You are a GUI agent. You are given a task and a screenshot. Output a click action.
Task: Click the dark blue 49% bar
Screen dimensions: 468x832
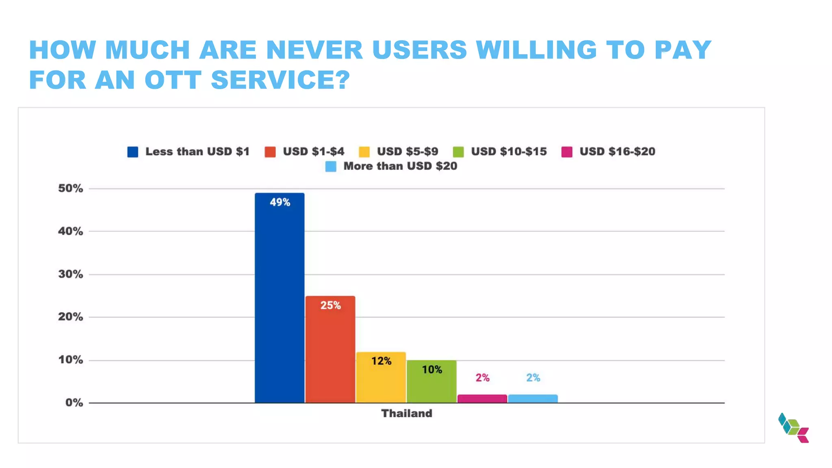279,299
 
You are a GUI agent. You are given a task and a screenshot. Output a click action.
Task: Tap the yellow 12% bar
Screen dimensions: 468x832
381,378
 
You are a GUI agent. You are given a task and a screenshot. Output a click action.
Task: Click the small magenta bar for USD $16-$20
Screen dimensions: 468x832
482,399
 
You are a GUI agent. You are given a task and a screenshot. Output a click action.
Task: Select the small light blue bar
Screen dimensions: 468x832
533,399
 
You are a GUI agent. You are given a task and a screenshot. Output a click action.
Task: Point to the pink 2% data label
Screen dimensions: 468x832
482,378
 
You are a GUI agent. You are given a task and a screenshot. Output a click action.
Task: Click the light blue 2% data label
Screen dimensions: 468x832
533,378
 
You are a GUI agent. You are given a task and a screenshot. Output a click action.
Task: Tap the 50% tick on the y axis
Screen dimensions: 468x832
70,188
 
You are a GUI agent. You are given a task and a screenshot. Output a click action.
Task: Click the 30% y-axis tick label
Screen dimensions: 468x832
70,274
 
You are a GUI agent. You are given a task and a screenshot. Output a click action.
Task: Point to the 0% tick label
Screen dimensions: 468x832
74,403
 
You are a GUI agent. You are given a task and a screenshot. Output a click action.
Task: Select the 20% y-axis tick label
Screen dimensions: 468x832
70,317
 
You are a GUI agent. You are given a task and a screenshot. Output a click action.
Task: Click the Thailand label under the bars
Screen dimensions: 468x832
406,414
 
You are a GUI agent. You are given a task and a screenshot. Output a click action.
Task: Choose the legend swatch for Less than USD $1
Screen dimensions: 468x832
132,152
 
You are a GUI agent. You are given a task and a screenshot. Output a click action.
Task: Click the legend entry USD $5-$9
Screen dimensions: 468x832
407,152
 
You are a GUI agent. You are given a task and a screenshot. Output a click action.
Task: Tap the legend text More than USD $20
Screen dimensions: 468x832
400,166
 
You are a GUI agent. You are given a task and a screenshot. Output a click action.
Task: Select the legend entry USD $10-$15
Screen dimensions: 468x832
509,152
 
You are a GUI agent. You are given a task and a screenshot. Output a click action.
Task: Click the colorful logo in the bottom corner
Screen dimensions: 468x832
793,428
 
